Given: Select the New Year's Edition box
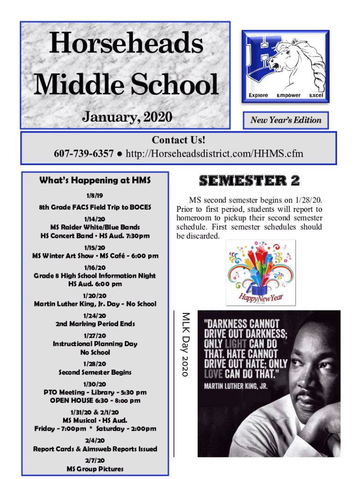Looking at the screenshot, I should [x=286, y=120].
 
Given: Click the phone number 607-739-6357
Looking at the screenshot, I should [x=84, y=153].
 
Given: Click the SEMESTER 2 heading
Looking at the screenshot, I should [x=249, y=181].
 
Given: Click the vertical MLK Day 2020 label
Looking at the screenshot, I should [x=185, y=344].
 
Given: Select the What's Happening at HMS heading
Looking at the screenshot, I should [x=95, y=180].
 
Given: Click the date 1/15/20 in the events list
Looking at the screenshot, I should [x=95, y=247].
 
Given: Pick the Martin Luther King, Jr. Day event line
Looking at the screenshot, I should [x=95, y=304].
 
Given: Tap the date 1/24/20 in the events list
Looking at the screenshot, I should [x=95, y=315].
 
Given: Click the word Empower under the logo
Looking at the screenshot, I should [x=288, y=95].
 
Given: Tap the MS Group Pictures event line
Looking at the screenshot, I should [x=95, y=469].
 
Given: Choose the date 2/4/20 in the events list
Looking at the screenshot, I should [x=95, y=440].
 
